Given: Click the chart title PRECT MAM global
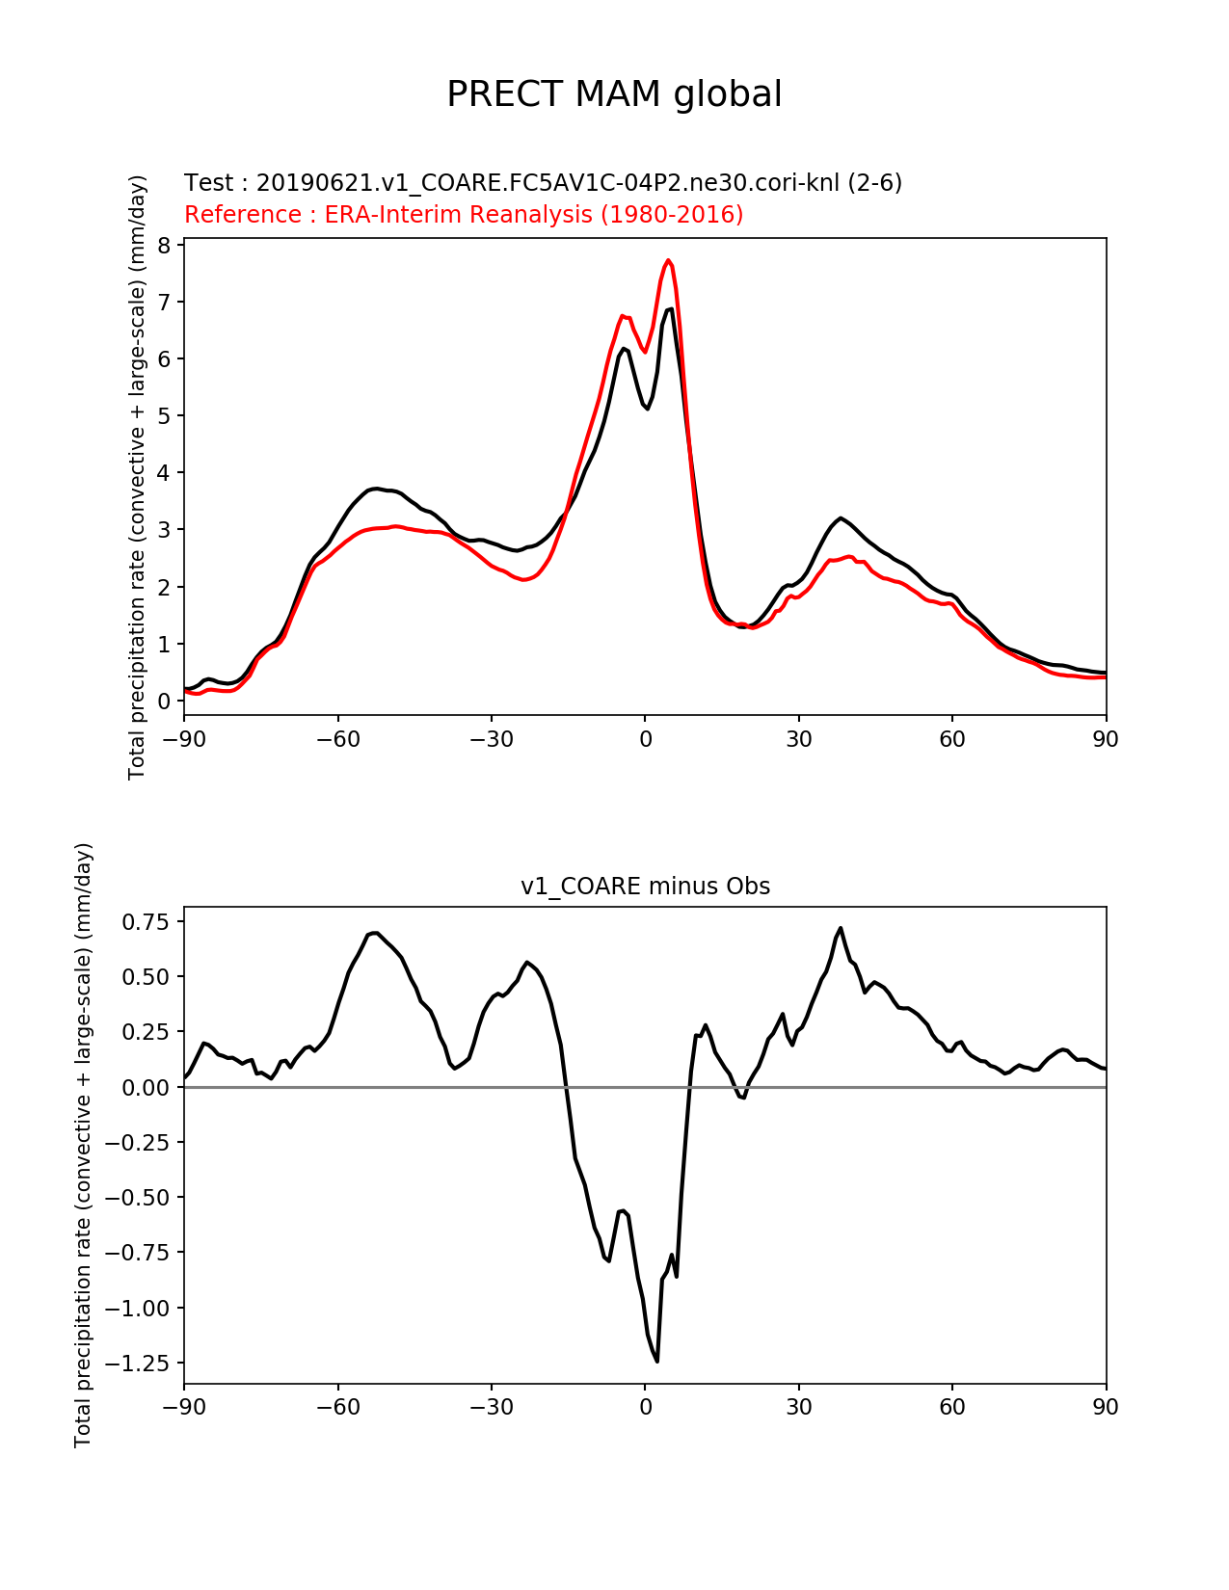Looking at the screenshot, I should tap(614, 94).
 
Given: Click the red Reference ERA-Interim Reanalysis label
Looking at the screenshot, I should tap(464, 214).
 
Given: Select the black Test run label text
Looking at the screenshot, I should tap(543, 182).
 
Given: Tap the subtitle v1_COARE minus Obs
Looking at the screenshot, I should tap(645, 886).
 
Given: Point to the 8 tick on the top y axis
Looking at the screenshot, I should tap(164, 245).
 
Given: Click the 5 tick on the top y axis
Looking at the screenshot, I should tap(164, 415).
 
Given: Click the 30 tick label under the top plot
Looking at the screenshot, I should tap(798, 739).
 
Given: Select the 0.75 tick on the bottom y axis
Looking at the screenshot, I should tap(146, 922).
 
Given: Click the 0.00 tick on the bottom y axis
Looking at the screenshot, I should tap(146, 1087).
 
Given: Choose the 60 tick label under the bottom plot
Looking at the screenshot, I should tap(952, 1407).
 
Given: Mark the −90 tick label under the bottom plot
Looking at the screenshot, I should tap(184, 1407).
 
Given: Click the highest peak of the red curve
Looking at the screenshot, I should tap(669, 260).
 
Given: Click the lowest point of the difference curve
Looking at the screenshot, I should tap(657, 1361).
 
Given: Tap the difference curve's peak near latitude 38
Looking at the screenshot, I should tap(841, 928).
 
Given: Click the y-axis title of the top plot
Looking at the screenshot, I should tap(137, 477).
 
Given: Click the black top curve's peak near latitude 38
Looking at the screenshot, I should tap(842, 517).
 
